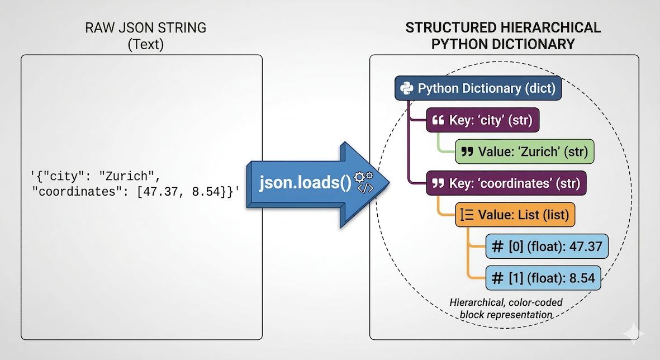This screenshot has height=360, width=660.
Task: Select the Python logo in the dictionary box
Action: coord(407,88)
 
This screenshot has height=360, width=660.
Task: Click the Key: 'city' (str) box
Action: coord(482,120)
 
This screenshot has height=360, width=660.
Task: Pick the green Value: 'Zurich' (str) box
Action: coord(524,151)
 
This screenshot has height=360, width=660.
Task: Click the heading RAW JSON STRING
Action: coord(145,27)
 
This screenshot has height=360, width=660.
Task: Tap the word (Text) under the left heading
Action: coord(145,44)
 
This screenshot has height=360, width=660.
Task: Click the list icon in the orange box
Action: coord(466,215)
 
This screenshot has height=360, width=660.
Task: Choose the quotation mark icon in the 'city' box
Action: coord(438,120)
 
